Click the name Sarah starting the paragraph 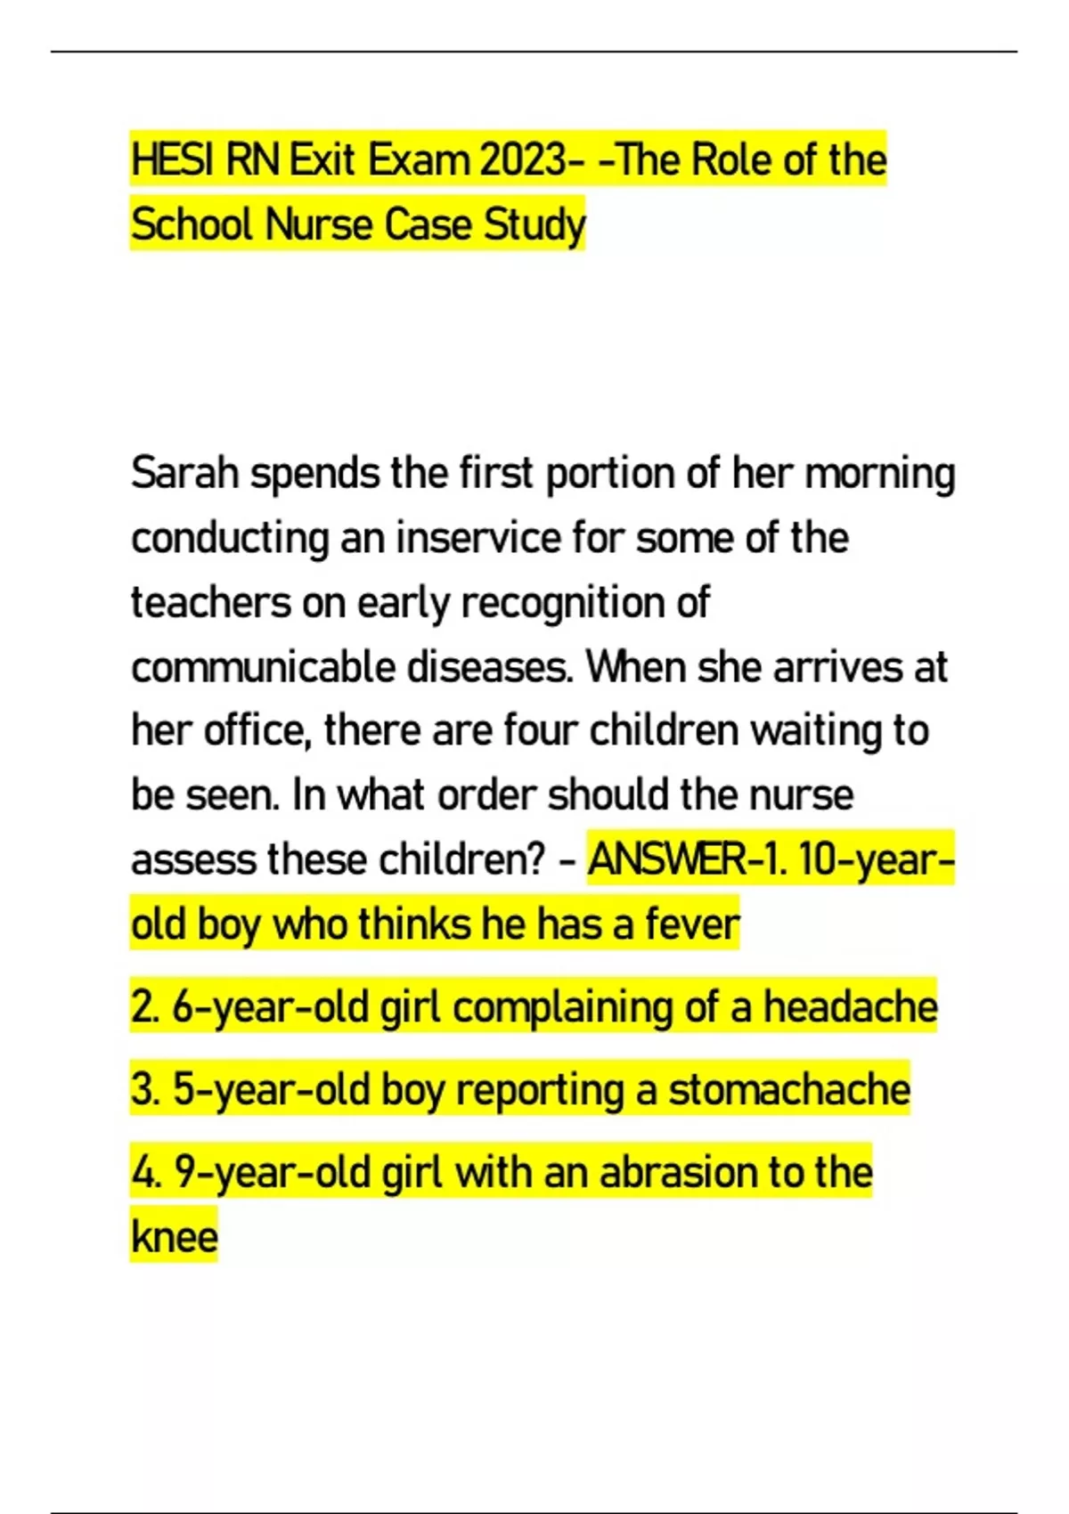pos(185,473)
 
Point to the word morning pos(879,473)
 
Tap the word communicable pos(263,667)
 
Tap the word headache pos(850,1007)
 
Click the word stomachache pos(789,1090)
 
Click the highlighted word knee pos(175,1237)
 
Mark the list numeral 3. pos(142,1090)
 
